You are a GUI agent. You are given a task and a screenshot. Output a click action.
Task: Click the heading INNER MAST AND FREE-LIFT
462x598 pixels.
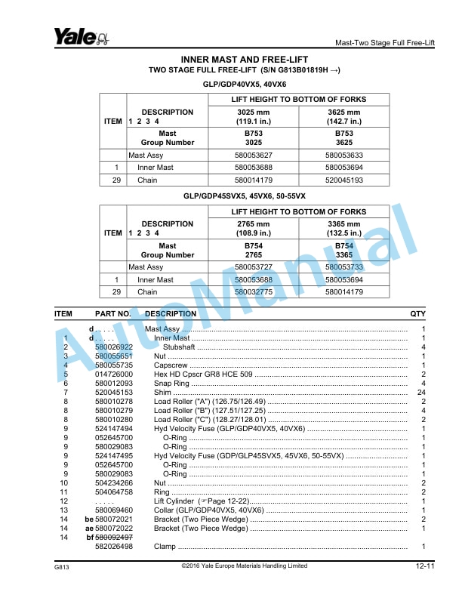tap(245, 59)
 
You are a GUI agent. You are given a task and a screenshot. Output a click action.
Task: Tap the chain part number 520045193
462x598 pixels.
tap(343, 180)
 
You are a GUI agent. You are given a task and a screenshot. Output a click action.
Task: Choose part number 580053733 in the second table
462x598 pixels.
tap(343, 267)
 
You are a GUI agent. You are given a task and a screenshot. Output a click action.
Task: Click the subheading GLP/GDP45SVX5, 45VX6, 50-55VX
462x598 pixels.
tap(244, 196)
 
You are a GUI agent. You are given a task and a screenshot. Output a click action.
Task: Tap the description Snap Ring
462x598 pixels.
tap(171, 383)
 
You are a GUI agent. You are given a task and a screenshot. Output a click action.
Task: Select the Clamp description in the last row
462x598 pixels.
tap(165, 546)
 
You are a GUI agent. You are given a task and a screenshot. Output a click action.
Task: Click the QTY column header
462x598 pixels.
tap(417, 313)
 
